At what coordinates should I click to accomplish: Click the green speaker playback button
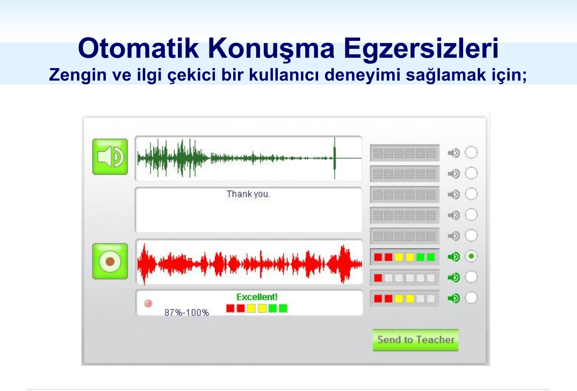coord(110,157)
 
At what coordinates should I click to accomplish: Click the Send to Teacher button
coord(415,340)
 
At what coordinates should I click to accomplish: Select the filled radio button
coord(471,256)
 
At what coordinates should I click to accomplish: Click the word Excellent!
coord(257,297)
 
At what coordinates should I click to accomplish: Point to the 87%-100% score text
coord(186,313)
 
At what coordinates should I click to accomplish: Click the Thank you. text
coord(248,194)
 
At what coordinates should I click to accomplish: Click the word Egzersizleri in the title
coord(421,49)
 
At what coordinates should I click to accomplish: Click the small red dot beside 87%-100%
coord(148,304)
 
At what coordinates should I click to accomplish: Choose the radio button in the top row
coord(471,152)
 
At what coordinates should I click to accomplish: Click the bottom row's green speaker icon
coord(454,298)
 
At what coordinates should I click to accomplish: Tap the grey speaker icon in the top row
coord(454,152)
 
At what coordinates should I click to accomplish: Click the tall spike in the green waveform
coord(335,158)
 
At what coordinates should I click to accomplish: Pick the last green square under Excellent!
coord(283,308)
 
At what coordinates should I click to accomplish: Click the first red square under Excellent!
coord(230,308)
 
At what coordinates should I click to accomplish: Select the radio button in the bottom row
coord(471,298)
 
